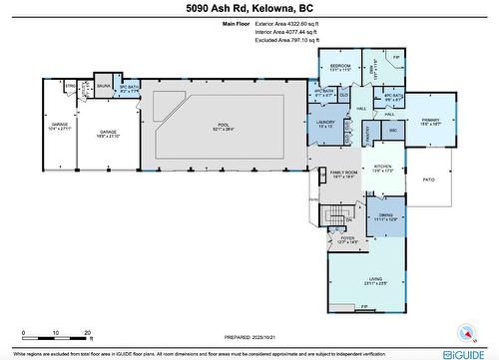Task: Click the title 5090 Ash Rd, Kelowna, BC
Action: click(249, 9)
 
